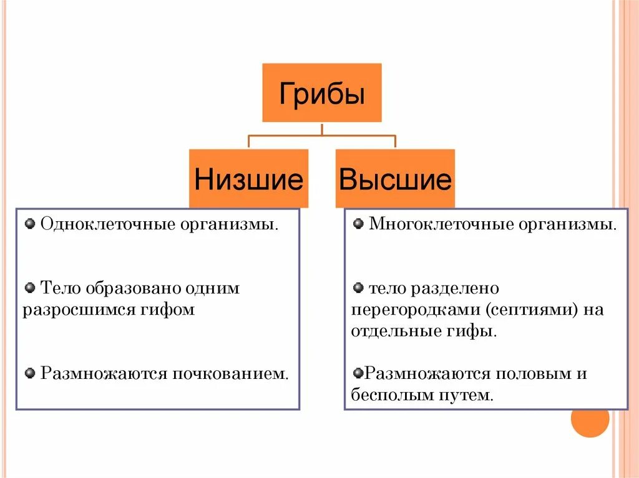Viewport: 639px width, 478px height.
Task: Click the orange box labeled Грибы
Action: (321, 93)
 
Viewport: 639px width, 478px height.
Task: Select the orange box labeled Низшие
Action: (248, 179)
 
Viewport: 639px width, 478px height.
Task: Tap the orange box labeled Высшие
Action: (395, 179)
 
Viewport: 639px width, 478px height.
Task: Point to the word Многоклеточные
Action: (437, 223)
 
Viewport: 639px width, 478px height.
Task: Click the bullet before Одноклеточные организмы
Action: (30, 223)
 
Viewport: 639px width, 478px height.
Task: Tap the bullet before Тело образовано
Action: (30, 288)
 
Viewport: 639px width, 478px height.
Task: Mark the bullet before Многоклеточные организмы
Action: (358, 223)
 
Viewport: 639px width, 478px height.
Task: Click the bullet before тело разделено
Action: (358, 288)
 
